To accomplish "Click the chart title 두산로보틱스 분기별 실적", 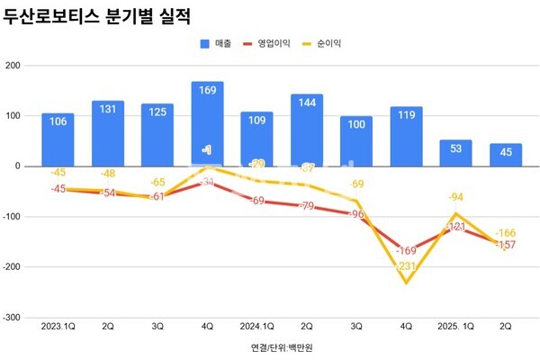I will click(x=100, y=16).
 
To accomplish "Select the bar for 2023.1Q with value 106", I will click(x=58, y=139).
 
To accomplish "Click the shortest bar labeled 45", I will click(x=506, y=155).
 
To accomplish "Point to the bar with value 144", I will click(x=307, y=130).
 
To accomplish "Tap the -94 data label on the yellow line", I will click(x=456, y=197).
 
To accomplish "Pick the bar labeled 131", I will click(x=108, y=133).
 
